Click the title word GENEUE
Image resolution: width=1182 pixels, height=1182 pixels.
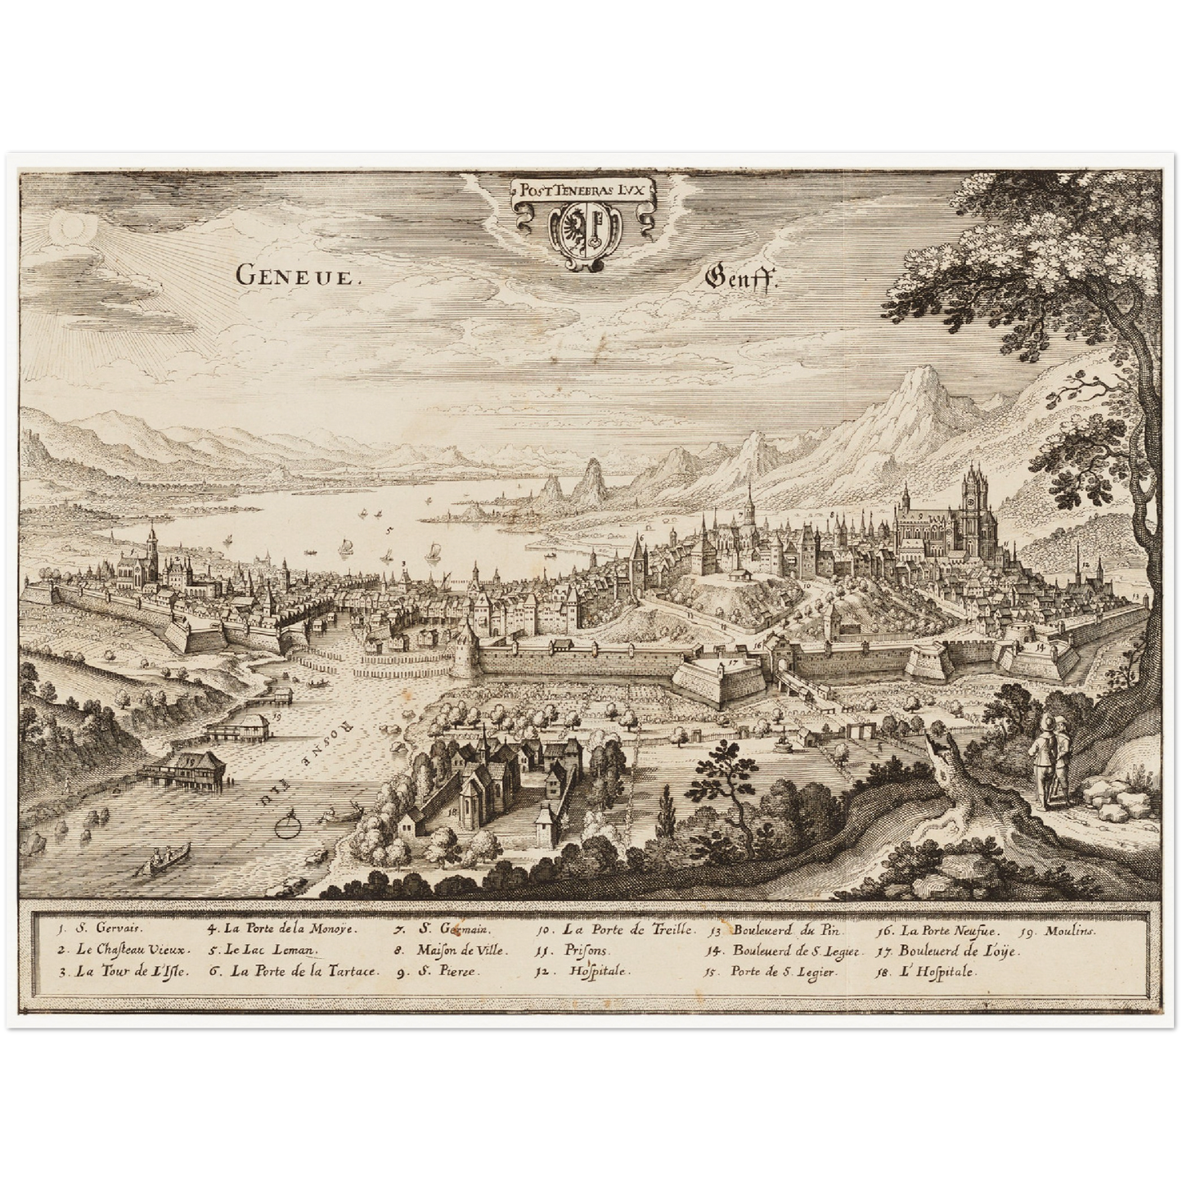296,275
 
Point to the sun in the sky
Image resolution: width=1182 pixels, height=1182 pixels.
67,231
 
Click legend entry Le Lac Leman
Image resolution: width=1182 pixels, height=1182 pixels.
261,951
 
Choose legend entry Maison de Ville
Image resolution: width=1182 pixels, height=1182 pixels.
451,951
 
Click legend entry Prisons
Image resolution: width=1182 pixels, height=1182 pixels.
573,951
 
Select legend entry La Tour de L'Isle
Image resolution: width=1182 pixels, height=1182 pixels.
124,973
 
